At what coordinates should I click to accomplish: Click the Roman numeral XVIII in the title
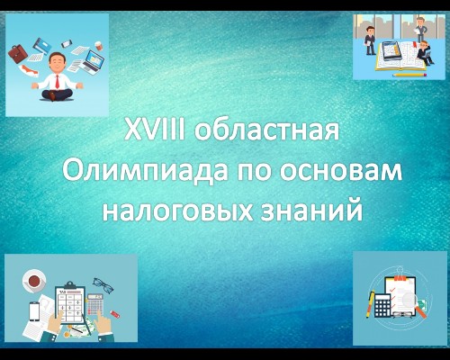tap(155, 130)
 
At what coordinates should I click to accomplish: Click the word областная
tap(266, 130)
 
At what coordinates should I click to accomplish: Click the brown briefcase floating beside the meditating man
tap(17, 53)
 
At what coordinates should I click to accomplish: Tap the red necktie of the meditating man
tap(57, 82)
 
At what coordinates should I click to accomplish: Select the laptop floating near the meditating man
tap(94, 61)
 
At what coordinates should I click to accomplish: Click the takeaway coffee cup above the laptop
tap(98, 46)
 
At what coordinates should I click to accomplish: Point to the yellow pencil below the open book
tap(409, 75)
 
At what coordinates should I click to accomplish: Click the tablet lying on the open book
tap(391, 51)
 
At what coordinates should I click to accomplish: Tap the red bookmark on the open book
tap(415, 45)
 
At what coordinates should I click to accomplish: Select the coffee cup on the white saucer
tap(34, 281)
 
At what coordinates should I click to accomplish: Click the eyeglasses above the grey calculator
tap(103, 285)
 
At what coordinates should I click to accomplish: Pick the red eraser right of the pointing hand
tap(115, 314)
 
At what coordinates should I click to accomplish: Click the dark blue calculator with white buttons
tap(382, 305)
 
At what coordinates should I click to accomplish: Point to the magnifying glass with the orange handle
tap(413, 303)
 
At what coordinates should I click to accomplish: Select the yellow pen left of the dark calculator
tap(371, 304)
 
